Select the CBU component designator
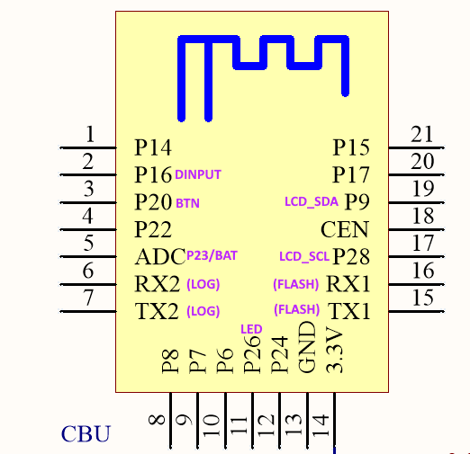click(86, 433)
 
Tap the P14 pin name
click(153, 147)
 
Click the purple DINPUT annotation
click(198, 174)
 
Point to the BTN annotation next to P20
click(187, 203)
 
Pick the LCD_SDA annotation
click(312, 202)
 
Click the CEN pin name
click(345, 229)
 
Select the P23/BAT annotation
click(212, 255)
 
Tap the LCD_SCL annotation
click(304, 256)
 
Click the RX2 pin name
click(158, 283)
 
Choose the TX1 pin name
click(349, 311)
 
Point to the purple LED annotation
click(251, 329)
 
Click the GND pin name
click(307, 348)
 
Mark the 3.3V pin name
click(334, 350)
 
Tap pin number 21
click(422, 134)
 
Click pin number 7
click(88, 298)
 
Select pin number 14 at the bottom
click(321, 425)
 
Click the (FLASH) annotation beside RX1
click(296, 284)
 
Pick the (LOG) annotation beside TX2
click(203, 311)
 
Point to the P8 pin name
click(170, 361)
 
